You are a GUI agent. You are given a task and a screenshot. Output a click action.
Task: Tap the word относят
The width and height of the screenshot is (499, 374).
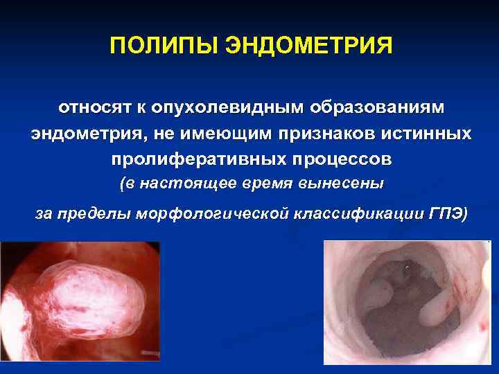pyautogui.click(x=93, y=109)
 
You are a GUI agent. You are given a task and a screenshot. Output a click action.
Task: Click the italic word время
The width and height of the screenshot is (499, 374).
pyautogui.click(x=268, y=184)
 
